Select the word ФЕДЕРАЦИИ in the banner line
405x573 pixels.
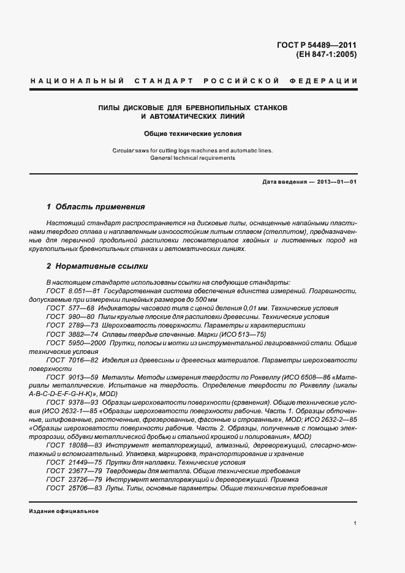pyautogui.click(x=330, y=81)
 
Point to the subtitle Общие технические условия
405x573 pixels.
pyautogui.click(x=193, y=133)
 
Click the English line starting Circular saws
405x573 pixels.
pyautogui.click(x=193, y=150)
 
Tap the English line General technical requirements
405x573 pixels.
pyautogui.click(x=193, y=158)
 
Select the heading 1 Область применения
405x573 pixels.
pyautogui.click(x=96, y=207)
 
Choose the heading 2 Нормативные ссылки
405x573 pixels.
pyautogui.click(x=97, y=267)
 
